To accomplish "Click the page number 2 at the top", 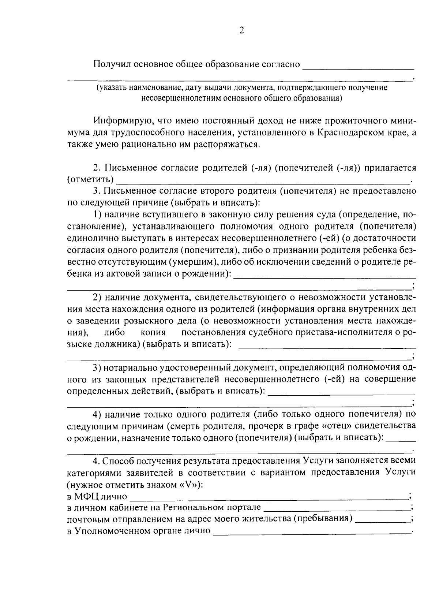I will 241,30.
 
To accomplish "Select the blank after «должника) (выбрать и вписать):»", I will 327,346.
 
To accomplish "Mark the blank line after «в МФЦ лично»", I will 269,498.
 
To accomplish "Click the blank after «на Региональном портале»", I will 337,509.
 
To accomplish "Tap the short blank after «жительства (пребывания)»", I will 382,520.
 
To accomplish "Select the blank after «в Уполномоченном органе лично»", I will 312,532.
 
